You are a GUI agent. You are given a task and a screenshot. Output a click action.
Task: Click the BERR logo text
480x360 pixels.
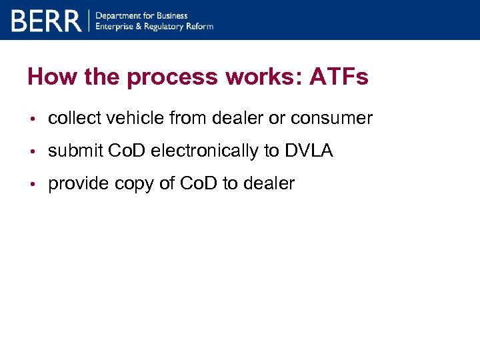46,21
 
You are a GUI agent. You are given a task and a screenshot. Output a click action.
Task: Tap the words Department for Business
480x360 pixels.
142,15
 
